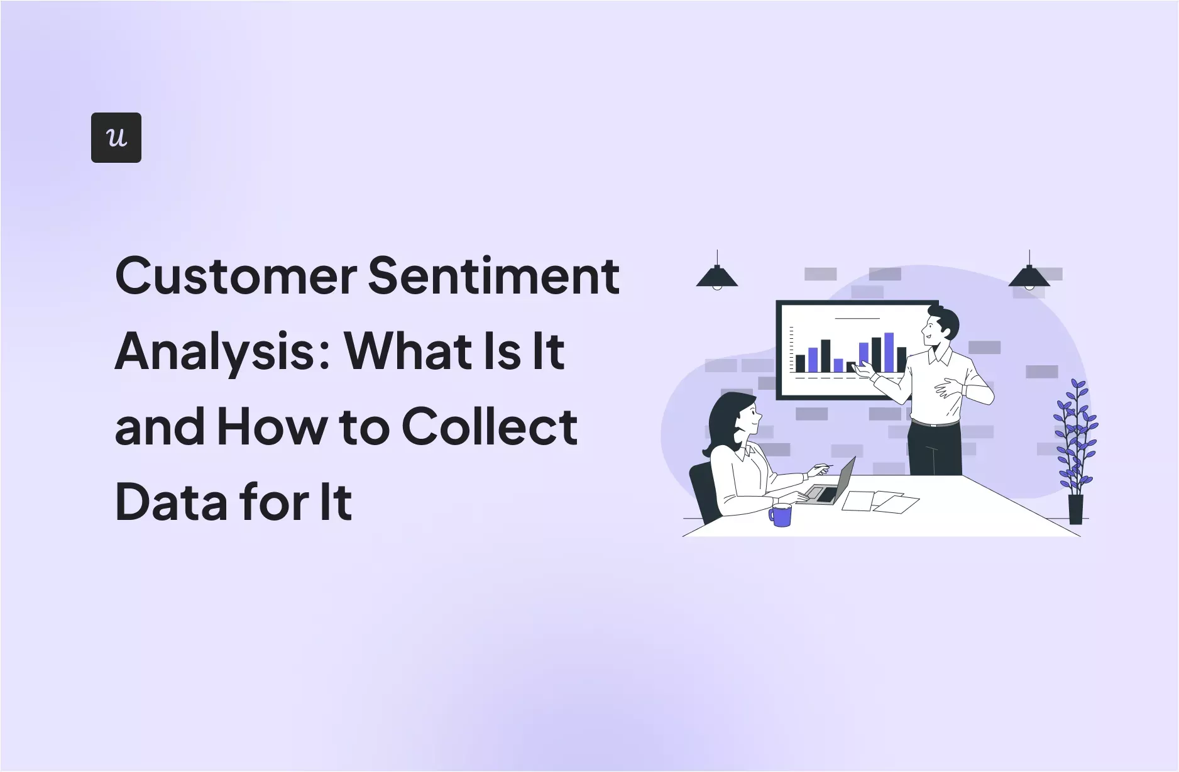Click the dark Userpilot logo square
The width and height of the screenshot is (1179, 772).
(116, 138)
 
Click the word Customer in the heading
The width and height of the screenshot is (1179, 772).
(236, 276)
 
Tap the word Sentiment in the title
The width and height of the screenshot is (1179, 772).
(493, 276)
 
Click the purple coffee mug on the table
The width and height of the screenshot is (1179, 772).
(781, 515)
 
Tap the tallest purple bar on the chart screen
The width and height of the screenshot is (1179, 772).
(889, 353)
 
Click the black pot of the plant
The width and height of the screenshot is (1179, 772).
(1076, 509)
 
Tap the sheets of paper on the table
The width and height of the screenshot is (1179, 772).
(880, 502)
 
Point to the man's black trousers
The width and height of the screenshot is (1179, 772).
(935, 449)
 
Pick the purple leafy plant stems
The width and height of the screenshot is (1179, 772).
(1076, 434)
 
